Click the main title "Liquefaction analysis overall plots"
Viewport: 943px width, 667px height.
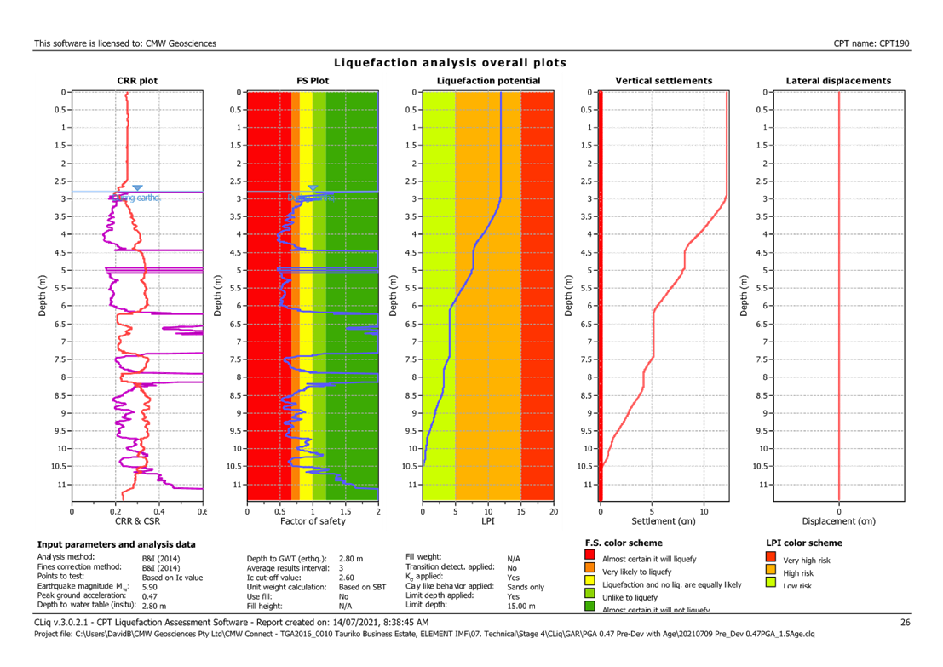pos(450,63)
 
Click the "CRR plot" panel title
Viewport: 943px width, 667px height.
pos(137,81)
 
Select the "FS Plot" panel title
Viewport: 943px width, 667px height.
pos(313,81)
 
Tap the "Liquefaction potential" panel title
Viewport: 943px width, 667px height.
pos(487,81)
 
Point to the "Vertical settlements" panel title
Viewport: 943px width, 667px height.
pos(664,81)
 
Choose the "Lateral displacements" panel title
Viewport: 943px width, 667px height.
pos(838,81)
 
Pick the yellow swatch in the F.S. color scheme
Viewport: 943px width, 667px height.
pos(589,584)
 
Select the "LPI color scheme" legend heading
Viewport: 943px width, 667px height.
pos(805,543)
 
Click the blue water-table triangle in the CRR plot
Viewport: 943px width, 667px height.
pos(137,187)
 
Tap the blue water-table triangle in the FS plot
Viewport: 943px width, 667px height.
pos(313,187)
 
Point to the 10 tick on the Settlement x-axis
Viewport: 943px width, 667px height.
pos(704,511)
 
